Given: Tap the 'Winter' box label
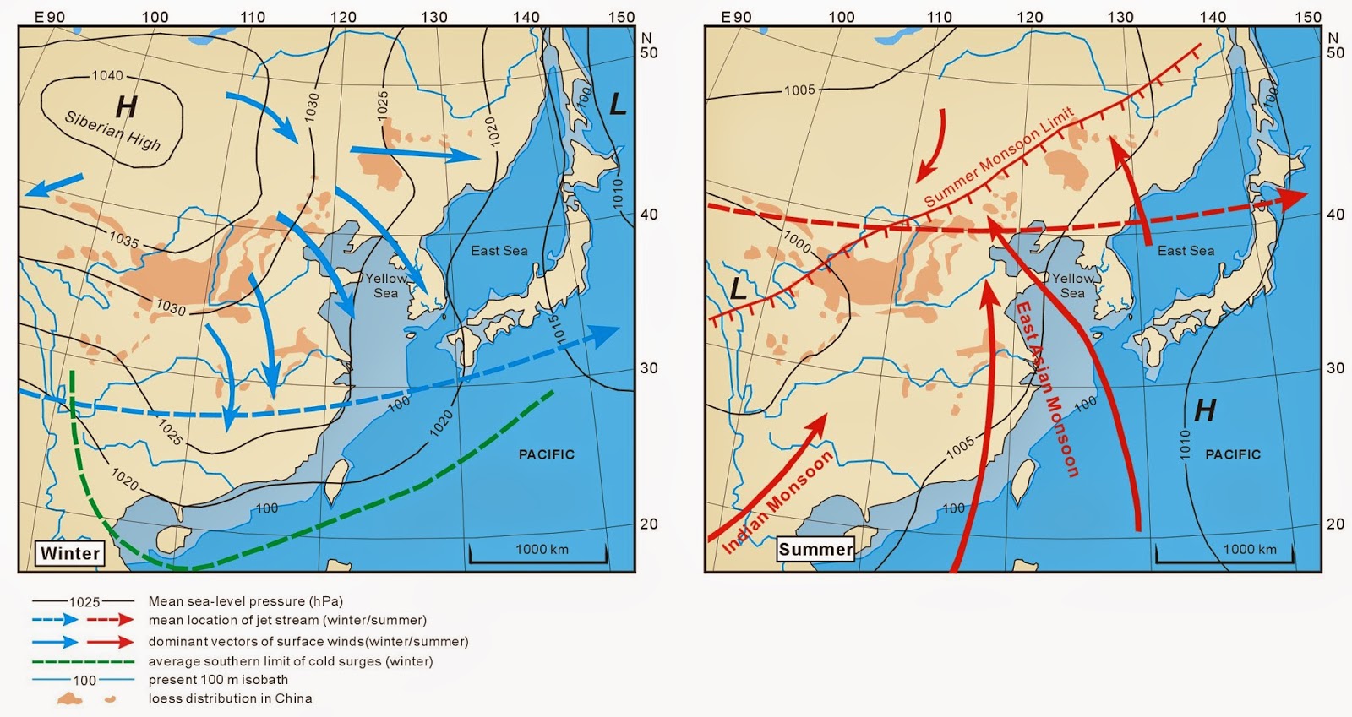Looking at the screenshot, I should [x=70, y=553].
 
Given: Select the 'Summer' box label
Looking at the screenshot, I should [x=815, y=549].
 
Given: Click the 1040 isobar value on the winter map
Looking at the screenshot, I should [x=107, y=76].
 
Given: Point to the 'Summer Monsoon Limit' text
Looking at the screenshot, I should [x=999, y=156].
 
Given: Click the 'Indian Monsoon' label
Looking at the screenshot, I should [x=777, y=502].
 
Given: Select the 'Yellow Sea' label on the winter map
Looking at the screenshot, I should [x=386, y=285].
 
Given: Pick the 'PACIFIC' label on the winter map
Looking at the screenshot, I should [x=546, y=454].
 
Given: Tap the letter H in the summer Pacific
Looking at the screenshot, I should [x=1205, y=410].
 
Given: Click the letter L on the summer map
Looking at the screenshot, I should [x=738, y=289].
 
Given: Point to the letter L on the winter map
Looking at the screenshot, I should [x=618, y=105].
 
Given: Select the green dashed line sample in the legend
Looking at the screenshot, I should [x=83, y=661].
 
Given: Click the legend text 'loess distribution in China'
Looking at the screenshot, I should [x=230, y=698].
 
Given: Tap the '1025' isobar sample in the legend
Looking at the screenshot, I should [x=84, y=601].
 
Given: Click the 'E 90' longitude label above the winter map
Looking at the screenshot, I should [x=50, y=17].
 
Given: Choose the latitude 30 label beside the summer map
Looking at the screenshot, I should [x=1335, y=368].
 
